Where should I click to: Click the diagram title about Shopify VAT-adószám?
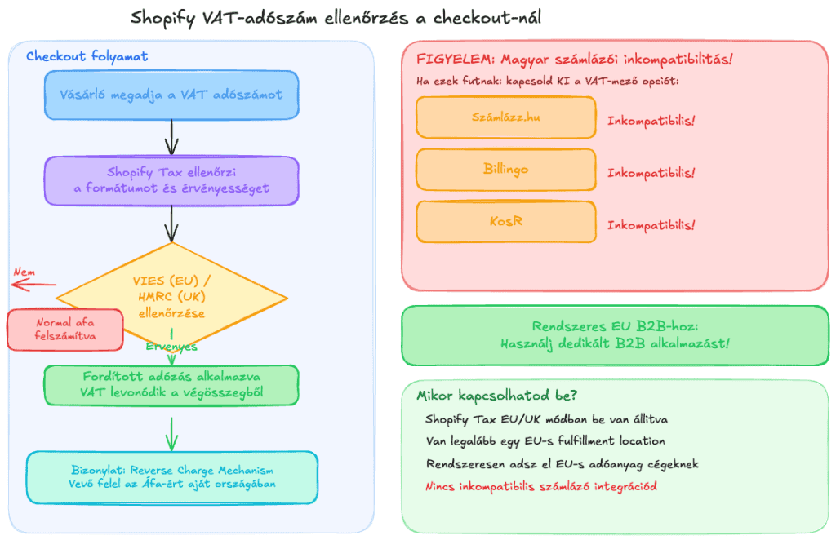tap(335, 17)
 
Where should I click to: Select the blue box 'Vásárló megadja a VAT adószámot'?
tap(171, 95)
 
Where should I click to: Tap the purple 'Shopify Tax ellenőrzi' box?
tap(171, 180)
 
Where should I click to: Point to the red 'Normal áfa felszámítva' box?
tap(64, 329)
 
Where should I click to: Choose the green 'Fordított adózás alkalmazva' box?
tap(171, 385)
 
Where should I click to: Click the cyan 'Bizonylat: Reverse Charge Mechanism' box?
tap(171, 477)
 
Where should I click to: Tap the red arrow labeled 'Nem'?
tap(33, 285)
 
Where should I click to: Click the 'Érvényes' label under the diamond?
tap(171, 347)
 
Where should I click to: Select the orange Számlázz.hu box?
tap(505, 117)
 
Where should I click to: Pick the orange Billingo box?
tap(505, 170)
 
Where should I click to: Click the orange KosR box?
tap(505, 222)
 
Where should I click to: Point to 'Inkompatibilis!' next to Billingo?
tap(651, 173)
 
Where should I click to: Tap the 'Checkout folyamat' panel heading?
tap(87, 56)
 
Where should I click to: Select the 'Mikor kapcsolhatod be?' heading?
tap(497, 396)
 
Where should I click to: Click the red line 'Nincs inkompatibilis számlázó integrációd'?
tap(541, 486)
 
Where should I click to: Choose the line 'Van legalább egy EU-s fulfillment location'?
tap(545, 441)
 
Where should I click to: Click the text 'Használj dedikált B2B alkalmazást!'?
tap(615, 343)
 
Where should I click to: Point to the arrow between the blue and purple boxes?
tap(171, 137)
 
